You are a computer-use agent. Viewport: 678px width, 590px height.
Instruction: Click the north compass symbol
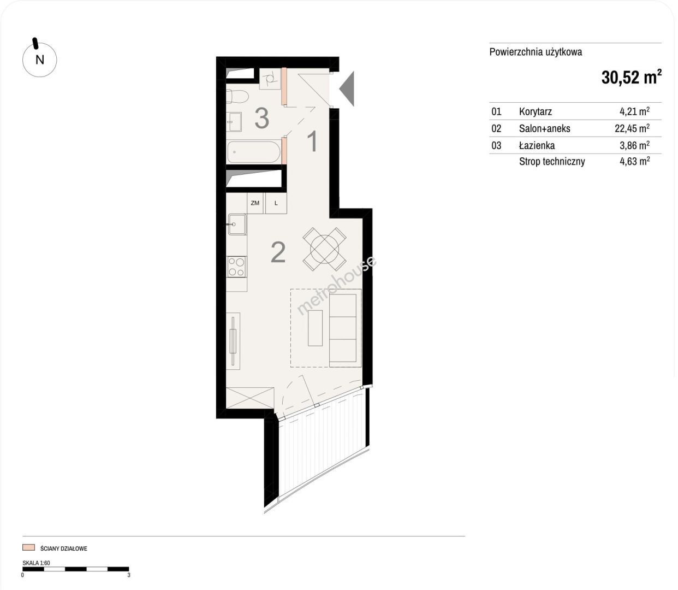tap(39, 58)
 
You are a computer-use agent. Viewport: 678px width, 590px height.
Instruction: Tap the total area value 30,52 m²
tap(631, 77)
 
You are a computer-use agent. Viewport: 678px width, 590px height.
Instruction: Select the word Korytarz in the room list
tap(535, 111)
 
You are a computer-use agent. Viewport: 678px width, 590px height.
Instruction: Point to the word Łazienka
tap(537, 145)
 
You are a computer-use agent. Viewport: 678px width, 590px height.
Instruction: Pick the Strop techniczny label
tap(552, 162)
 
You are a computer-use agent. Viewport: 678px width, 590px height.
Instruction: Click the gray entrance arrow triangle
tap(347, 88)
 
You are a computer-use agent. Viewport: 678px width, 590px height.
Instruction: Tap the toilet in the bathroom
tap(237, 97)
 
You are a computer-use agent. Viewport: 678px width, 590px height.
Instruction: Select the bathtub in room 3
tap(253, 152)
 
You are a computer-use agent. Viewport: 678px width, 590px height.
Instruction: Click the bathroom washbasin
tap(234, 122)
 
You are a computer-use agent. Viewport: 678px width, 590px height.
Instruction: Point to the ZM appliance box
tap(255, 203)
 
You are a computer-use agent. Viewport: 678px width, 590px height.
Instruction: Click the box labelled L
tap(276, 203)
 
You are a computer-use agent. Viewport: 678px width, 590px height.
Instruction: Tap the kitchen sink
tap(237, 224)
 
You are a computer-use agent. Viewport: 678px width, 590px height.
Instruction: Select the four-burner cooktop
tap(236, 267)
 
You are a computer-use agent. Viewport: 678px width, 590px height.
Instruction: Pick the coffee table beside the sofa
tap(315, 328)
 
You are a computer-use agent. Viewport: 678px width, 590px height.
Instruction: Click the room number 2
tap(278, 252)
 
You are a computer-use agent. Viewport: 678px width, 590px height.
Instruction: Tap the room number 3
tap(262, 118)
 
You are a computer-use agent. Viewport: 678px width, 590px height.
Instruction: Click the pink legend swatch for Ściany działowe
tap(28, 547)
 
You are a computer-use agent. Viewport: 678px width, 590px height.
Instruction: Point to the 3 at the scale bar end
tap(129, 575)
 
